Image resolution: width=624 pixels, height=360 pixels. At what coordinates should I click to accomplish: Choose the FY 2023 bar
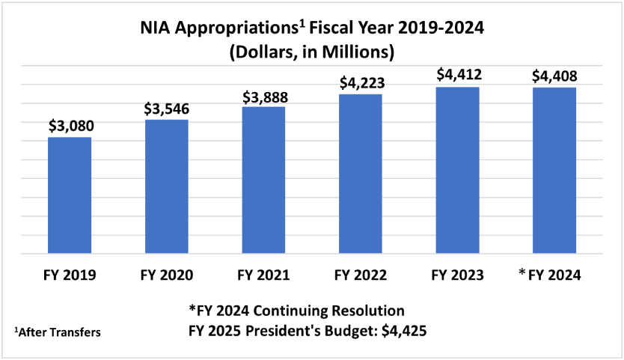pyautogui.click(x=457, y=170)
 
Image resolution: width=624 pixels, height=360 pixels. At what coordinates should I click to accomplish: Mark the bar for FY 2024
pyautogui.click(x=554, y=170)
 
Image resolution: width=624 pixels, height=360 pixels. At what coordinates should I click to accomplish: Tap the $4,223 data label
pyautogui.click(x=361, y=82)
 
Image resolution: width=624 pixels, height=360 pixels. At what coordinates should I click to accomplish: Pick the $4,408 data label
pyautogui.click(x=555, y=75)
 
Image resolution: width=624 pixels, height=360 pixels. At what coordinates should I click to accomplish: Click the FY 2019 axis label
pyautogui.click(x=70, y=275)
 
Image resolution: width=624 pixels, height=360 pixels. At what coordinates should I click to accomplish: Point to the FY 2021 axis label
pyautogui.click(x=263, y=275)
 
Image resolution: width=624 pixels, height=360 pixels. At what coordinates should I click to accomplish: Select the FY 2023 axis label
pyautogui.click(x=457, y=275)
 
